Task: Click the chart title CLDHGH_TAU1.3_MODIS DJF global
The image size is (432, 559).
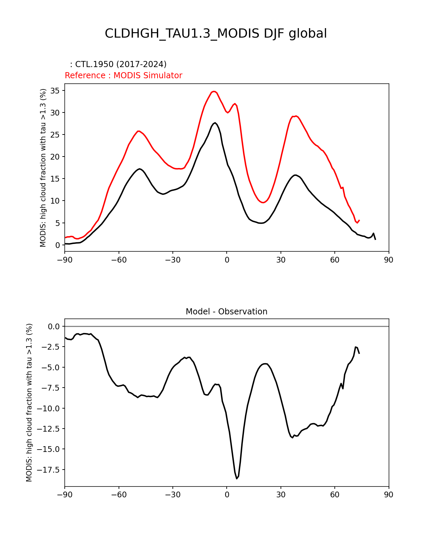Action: point(215,34)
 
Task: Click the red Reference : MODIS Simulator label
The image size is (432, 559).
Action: point(123,76)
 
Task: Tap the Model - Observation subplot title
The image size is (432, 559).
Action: point(226,312)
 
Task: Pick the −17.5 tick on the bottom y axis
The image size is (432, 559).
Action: point(50,470)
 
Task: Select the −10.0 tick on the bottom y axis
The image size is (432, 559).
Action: point(50,409)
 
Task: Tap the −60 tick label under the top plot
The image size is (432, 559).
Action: point(119,260)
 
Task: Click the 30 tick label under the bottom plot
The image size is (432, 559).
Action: point(281,495)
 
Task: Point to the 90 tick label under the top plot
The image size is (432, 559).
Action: point(389,260)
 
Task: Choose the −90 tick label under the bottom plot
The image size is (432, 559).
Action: point(65,495)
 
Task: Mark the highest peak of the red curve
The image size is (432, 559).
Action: point(214,91)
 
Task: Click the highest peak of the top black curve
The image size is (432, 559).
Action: point(215,123)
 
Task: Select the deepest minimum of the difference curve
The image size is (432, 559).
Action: point(237,478)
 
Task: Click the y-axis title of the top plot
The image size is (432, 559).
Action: point(43,168)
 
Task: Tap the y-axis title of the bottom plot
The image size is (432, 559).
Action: point(29,402)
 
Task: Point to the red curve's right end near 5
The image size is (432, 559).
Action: point(359,220)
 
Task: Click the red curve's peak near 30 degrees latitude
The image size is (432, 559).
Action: point(296,116)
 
